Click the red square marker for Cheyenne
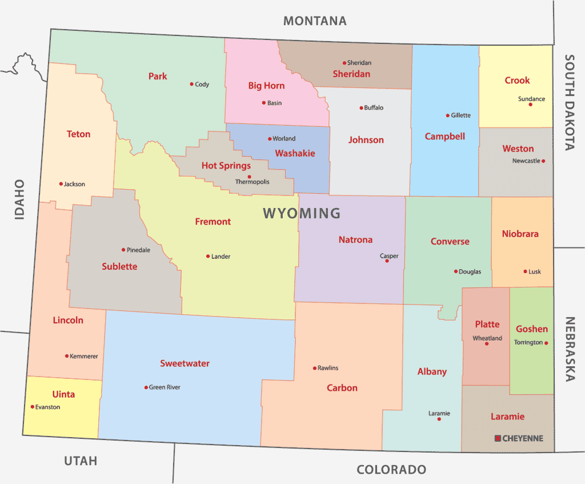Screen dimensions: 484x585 tap(498, 438)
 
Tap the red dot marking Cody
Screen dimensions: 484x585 tap(191, 84)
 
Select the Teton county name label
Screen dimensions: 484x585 tap(78, 134)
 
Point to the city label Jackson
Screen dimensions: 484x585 tap(74, 184)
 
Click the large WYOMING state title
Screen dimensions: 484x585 tap(302, 214)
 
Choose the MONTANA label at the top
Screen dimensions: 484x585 tap(315, 21)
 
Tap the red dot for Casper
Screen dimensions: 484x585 tap(387, 261)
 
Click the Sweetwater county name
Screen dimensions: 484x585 tap(185, 363)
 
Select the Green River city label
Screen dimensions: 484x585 tap(165, 387)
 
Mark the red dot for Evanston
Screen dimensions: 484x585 tap(32, 407)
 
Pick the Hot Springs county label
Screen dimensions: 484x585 tap(226, 166)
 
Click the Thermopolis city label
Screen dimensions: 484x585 tap(252, 182)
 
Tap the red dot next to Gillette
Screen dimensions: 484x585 tap(447, 115)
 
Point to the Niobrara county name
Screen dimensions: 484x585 tap(520, 234)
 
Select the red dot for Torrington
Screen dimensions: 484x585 tap(546, 343)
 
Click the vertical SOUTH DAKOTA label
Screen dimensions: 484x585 tap(569, 102)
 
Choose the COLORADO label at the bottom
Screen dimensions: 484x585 tap(391, 470)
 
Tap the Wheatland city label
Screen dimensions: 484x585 tap(487, 338)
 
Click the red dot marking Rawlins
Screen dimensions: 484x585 tap(314, 368)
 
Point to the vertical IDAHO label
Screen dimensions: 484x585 tap(20, 199)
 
